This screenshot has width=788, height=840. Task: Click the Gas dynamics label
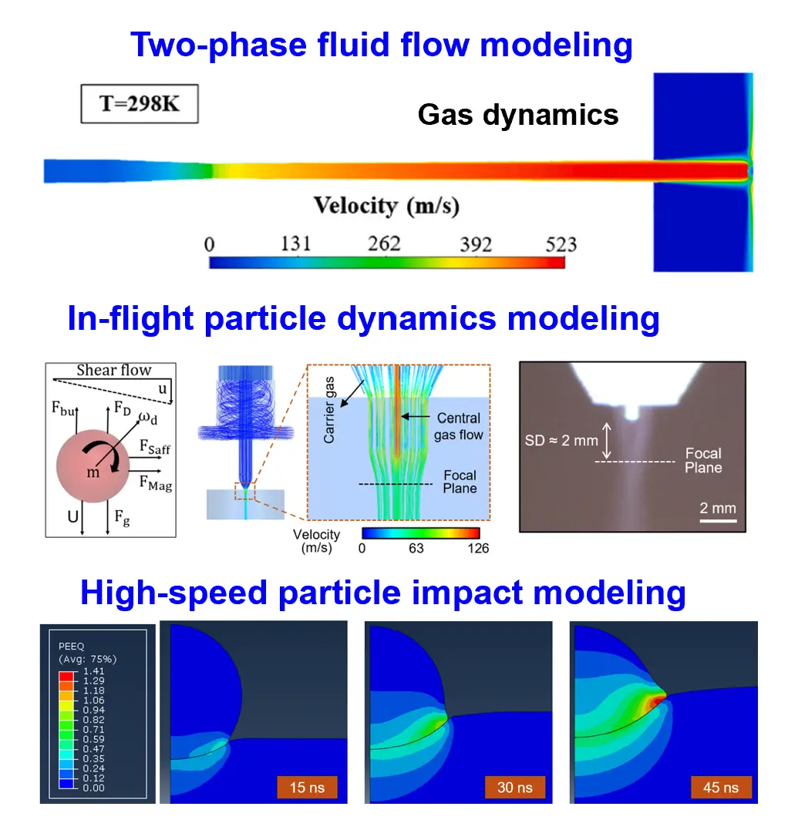click(518, 114)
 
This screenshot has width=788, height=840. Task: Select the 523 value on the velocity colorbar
click(561, 244)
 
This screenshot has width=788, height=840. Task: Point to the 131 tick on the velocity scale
click(295, 244)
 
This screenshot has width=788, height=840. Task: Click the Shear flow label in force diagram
click(114, 371)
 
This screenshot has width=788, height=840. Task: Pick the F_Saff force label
click(156, 446)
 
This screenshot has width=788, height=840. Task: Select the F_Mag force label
click(156, 484)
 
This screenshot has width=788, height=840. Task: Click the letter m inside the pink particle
click(93, 472)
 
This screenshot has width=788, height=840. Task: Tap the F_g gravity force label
click(122, 520)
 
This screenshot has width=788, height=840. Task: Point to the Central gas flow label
click(459, 426)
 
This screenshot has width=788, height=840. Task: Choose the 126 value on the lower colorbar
click(478, 549)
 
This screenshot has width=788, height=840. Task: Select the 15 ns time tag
click(308, 787)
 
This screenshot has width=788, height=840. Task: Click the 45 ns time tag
click(721, 787)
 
